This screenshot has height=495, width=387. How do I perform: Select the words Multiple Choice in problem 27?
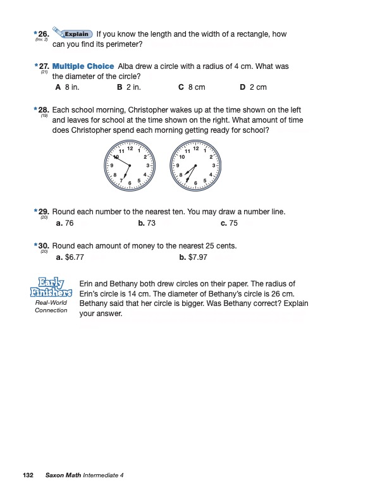pyautogui.click(x=83, y=66)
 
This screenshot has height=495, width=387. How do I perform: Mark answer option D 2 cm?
pyautogui.click(x=253, y=87)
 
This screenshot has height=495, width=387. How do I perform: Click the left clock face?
pyautogui.click(x=130, y=166)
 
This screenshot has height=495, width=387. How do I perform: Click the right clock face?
pyautogui.click(x=195, y=166)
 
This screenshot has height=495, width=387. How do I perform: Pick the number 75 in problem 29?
pyautogui.click(x=233, y=223)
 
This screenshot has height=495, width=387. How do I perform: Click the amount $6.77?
pyautogui.click(x=74, y=257)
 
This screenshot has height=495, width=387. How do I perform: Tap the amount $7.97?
pyautogui.click(x=197, y=257)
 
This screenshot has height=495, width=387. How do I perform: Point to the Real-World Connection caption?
pyautogui.click(x=51, y=307)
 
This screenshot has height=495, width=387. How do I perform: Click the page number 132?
pyautogui.click(x=27, y=475)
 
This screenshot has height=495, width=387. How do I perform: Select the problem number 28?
pyautogui.click(x=43, y=110)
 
